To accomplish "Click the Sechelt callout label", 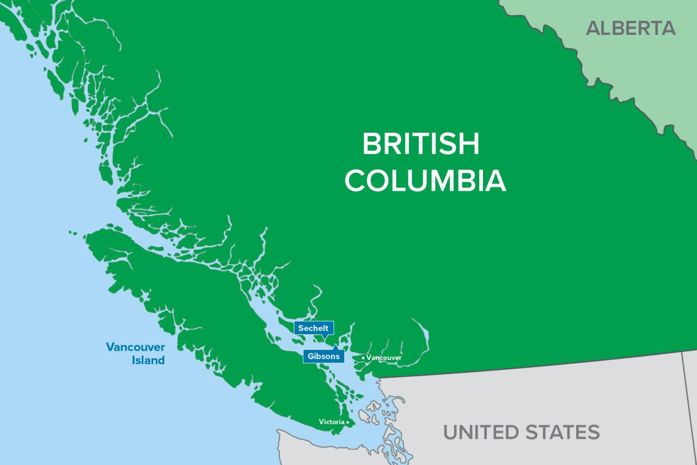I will coord(314,328).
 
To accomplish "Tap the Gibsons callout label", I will coord(324,357).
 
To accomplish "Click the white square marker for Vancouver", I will coord(363,358).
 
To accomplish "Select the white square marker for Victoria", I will coord(347,422).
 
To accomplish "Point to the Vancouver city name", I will coord(384,358).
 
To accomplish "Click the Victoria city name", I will coord(331,422).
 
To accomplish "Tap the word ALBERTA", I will coord(631,28).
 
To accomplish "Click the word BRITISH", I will coord(421,144).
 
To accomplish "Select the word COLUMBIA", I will coord(425,181).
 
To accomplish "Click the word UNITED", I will coord(481,432).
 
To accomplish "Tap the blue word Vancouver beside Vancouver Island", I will coord(136,347).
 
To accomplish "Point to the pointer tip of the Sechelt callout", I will coord(325,340).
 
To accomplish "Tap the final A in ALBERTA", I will coord(668,28).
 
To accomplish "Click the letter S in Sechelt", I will coord(301,328).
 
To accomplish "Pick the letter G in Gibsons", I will coord(311,357).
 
